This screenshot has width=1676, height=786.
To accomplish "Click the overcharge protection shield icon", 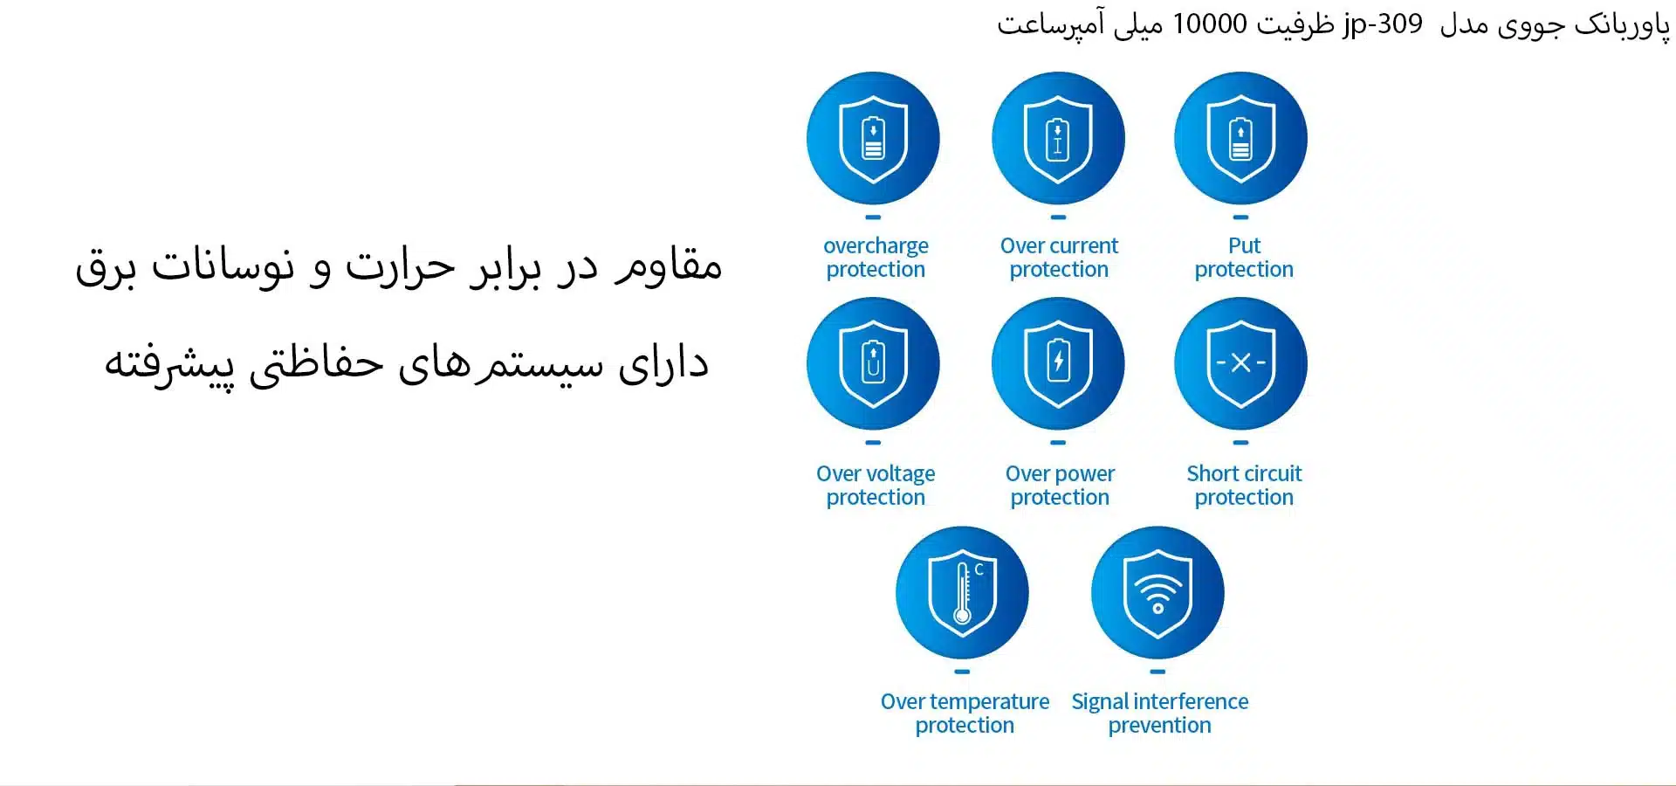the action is point(873,138).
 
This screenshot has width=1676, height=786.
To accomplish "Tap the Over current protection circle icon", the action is point(1058,138).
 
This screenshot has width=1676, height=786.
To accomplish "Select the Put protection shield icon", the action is point(1240,138).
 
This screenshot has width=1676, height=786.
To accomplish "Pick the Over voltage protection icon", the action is point(873,363).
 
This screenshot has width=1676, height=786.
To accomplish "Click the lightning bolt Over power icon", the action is point(1058,363).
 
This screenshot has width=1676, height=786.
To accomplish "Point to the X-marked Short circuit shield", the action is point(1240,363).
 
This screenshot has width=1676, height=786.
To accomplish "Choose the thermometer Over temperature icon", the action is point(962,592).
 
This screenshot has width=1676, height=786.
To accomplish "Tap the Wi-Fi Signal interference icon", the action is point(1157,592).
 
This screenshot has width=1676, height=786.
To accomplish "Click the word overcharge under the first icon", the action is point(876,247).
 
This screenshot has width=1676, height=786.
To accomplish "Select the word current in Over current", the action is point(1085,245).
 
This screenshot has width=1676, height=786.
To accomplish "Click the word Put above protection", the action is point(1245,245).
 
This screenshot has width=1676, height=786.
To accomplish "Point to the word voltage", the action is point(902,474).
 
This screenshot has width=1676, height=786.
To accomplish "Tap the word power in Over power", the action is point(1085,474).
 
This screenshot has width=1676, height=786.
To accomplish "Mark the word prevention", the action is point(1160,726).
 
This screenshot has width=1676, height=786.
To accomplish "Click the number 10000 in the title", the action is point(1210,24).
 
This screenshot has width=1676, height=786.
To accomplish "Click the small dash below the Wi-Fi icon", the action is point(1157,672).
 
